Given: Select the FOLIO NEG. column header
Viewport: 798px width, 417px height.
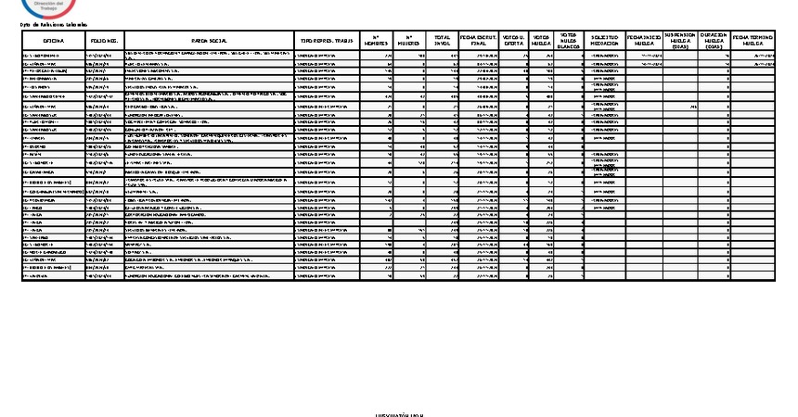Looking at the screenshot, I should pyautogui.click(x=103, y=42).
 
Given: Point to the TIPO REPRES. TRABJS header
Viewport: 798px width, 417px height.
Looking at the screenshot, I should pyautogui.click(x=326, y=42).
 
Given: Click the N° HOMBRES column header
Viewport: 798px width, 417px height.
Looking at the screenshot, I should pyautogui.click(x=376, y=42).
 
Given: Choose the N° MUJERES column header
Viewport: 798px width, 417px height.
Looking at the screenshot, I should pyautogui.click(x=409, y=42).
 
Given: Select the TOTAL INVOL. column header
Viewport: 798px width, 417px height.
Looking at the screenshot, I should pyautogui.click(x=443, y=42).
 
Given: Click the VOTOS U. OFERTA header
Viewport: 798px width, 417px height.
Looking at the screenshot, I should pyautogui.click(x=512, y=42).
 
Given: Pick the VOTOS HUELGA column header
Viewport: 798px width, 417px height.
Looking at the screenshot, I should pyautogui.click(x=541, y=42).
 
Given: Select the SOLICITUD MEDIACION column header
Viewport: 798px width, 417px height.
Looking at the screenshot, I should pyautogui.click(x=605, y=42).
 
